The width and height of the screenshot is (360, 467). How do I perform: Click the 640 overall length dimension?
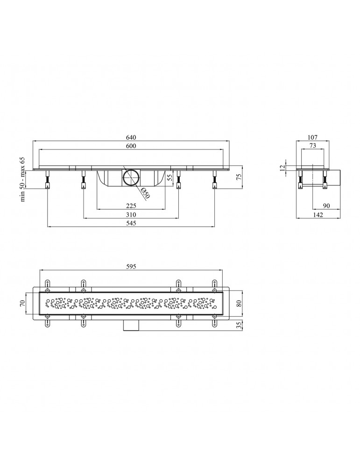(131, 138)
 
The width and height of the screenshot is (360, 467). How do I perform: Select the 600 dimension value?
(131, 146)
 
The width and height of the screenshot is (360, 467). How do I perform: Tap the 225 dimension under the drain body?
(131, 206)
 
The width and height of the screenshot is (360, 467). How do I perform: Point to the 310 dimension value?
(131, 215)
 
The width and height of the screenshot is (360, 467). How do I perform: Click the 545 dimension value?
(131, 223)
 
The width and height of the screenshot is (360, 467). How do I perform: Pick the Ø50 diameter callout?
(145, 193)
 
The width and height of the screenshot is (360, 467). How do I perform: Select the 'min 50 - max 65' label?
(22, 180)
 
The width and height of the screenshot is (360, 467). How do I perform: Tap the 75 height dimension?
(238, 177)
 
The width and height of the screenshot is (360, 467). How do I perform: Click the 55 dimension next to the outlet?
(170, 178)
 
